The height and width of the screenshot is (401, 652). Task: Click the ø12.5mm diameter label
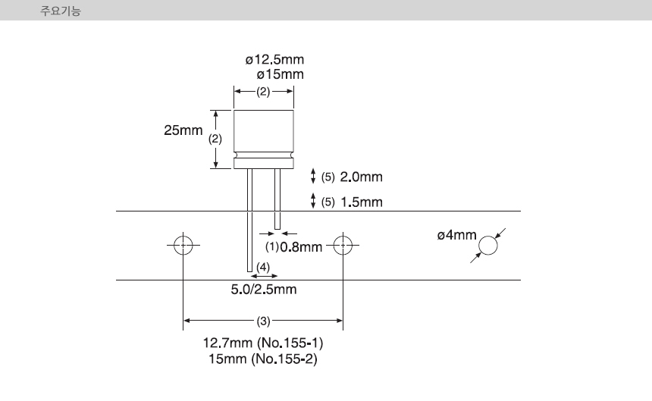coord(274,60)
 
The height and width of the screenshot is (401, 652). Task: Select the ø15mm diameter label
coord(281,75)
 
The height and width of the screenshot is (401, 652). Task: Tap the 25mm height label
coord(183,130)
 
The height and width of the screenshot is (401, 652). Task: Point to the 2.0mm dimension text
coord(362,177)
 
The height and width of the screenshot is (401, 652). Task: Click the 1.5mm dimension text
coord(362,202)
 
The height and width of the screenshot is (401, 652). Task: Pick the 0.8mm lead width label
coord(301,247)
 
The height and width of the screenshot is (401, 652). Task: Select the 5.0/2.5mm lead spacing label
coord(264,290)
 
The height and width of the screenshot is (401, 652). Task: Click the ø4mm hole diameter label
coord(456,235)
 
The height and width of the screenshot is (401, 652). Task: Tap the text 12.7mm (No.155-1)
coord(263,343)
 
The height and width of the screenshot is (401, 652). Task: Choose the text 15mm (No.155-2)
coord(263,359)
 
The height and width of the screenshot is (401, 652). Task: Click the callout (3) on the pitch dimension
coord(263,321)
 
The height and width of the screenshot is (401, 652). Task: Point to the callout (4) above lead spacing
coord(263,267)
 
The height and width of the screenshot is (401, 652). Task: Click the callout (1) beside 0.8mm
coord(272,247)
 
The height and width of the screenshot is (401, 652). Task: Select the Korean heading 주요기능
coord(61,11)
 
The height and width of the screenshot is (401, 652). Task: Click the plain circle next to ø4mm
coord(487,237)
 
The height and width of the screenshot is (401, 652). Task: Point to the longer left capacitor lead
coord(249,221)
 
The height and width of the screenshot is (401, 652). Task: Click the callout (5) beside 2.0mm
coord(328,177)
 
